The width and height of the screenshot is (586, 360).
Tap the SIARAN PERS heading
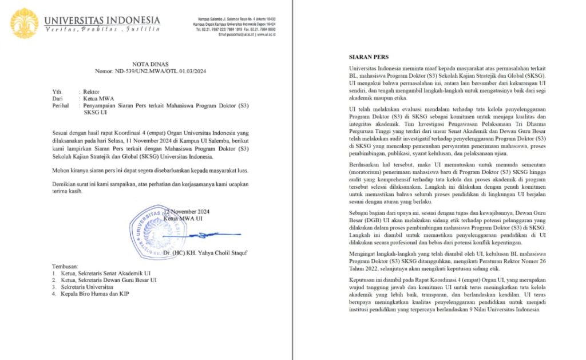pyautogui.click(x=370, y=57)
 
